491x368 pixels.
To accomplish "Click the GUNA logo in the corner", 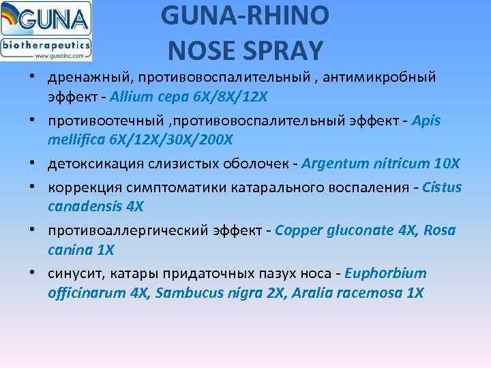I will coord(46,18).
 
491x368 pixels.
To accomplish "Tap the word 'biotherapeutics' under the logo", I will coord(46,45).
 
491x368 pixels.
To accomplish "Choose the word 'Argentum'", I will coord(333,164).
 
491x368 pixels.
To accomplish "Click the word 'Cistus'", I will coord(442,187).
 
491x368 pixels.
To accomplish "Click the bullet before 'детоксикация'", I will coord(32,164).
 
